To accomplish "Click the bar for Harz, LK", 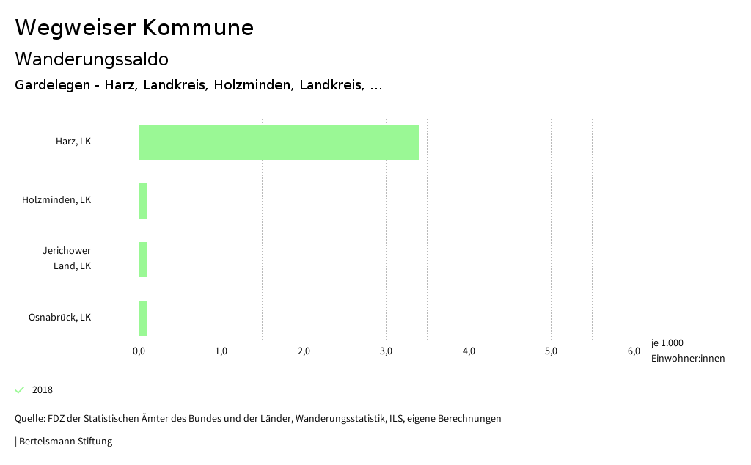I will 279,142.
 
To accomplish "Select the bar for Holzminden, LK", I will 143,201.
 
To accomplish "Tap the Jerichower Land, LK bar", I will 143,260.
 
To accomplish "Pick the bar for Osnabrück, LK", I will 143,318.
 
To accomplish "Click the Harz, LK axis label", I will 73,142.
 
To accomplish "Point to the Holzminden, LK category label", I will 56,200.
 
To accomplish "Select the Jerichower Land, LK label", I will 67,258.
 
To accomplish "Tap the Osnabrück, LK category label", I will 59,318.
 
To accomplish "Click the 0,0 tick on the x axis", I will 139,351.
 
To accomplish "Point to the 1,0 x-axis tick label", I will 221,351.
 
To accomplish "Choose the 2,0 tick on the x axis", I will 304,351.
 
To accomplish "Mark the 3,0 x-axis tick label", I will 387,351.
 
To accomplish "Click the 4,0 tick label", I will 469,351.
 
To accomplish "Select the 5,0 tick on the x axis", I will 552,351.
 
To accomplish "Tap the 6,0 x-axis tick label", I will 634,351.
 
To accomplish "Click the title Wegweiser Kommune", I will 134,28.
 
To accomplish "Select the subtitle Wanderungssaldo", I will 92,59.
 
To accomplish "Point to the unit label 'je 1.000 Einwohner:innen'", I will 687,351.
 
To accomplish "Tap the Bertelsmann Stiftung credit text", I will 65,442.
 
